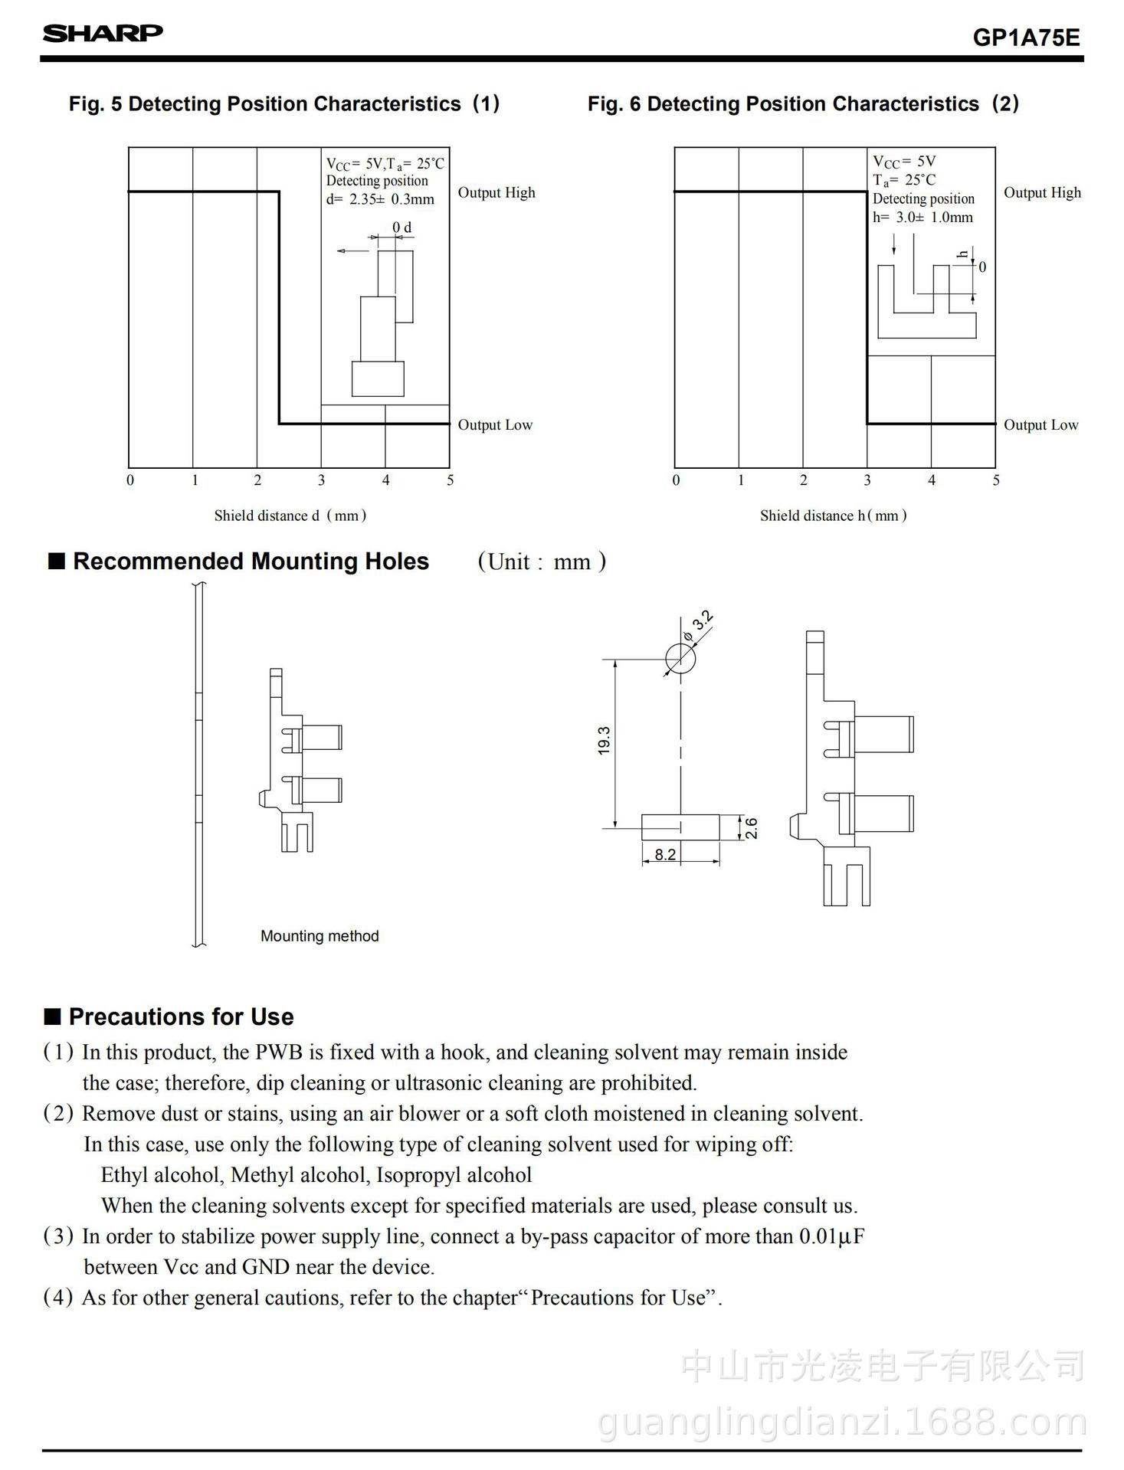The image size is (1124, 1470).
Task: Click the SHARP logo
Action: pyautogui.click(x=103, y=33)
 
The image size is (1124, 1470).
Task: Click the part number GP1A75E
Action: pyautogui.click(x=1026, y=38)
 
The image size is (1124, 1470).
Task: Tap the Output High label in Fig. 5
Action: pyautogui.click(x=496, y=192)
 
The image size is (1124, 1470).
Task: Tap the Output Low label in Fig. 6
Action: pyautogui.click(x=1040, y=424)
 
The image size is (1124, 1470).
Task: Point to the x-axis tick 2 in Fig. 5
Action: pyautogui.click(x=257, y=480)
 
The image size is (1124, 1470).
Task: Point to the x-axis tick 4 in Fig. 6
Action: pyautogui.click(x=932, y=480)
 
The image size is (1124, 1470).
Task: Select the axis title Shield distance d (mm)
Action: pyautogui.click(x=290, y=516)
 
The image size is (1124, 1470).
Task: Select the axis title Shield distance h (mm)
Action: pyautogui.click(x=834, y=516)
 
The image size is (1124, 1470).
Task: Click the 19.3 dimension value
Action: pyautogui.click(x=605, y=741)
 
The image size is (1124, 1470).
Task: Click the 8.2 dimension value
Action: pyautogui.click(x=665, y=854)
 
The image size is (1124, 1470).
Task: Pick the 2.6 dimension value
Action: pyautogui.click(x=752, y=828)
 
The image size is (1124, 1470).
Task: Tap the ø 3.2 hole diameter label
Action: pyautogui.click(x=699, y=626)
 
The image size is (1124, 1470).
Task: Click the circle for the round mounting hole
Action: pyautogui.click(x=680, y=659)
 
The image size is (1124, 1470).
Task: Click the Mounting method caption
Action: pyautogui.click(x=320, y=936)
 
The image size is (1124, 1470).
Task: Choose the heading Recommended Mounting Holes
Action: pyautogui.click(x=251, y=561)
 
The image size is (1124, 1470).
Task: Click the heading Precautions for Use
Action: pyautogui.click(x=181, y=1017)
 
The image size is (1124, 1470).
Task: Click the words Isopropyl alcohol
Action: pyautogui.click(x=454, y=1175)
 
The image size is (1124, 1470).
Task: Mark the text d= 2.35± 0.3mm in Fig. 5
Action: pyautogui.click(x=380, y=199)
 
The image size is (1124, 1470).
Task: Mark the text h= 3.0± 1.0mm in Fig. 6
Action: pyautogui.click(x=922, y=217)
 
